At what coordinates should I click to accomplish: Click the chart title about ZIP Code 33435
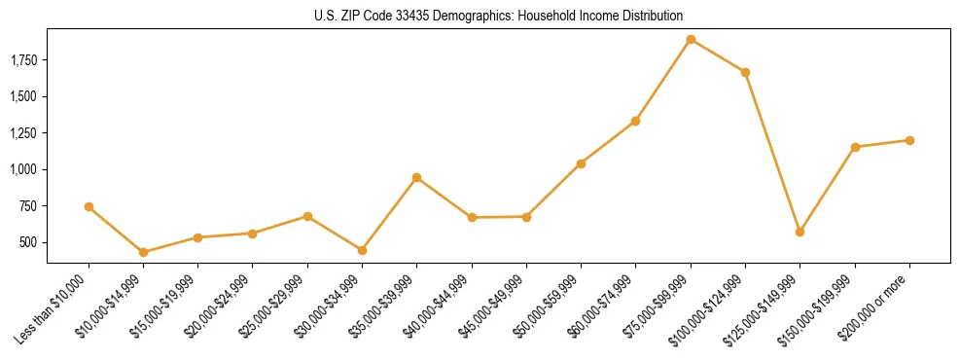point(498,16)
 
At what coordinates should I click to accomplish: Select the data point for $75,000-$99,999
point(691,40)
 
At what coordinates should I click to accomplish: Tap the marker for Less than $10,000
point(89,206)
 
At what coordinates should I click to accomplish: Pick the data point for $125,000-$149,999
point(800,232)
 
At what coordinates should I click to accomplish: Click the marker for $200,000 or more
point(909,140)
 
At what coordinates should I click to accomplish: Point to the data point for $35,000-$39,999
point(416,177)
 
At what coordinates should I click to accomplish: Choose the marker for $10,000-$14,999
point(144,252)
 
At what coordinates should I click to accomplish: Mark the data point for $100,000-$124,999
point(745,72)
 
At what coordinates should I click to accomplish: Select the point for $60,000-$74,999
point(635,121)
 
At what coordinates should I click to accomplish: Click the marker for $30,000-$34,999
point(362,250)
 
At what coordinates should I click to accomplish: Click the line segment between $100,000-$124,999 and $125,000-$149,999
point(772,152)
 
